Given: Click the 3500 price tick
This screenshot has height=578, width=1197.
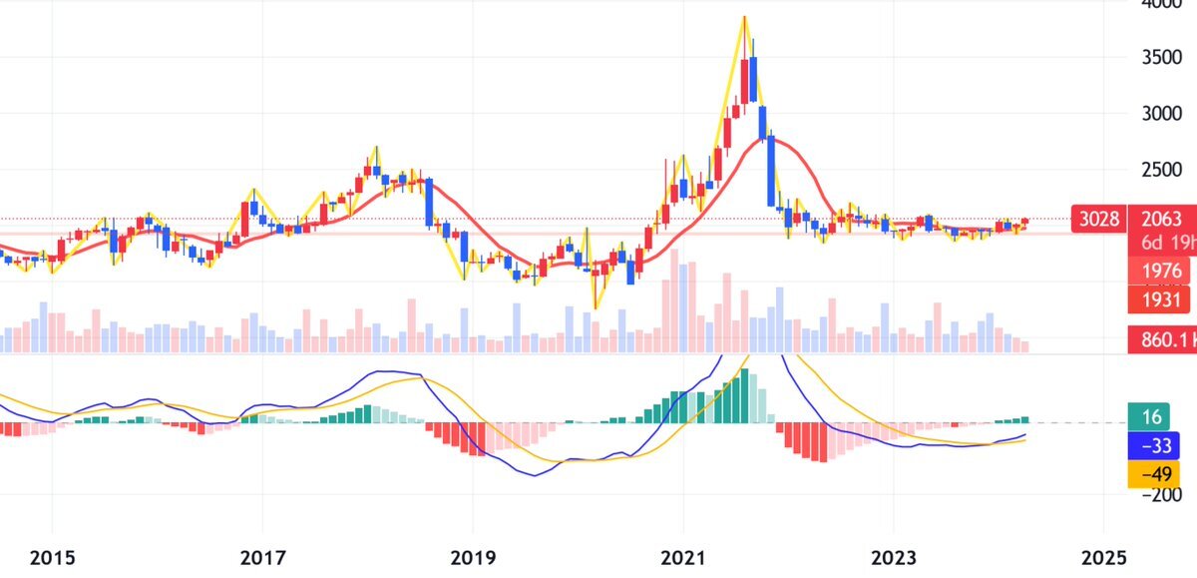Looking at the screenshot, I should (x=1164, y=57).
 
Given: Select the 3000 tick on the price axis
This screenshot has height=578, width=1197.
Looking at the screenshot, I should (x=1164, y=113).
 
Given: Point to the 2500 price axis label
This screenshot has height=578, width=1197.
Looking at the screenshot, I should (x=1164, y=170).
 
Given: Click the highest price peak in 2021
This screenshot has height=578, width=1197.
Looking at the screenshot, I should (x=744, y=17).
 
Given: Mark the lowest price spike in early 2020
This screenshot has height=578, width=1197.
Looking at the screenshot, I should (x=597, y=307).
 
